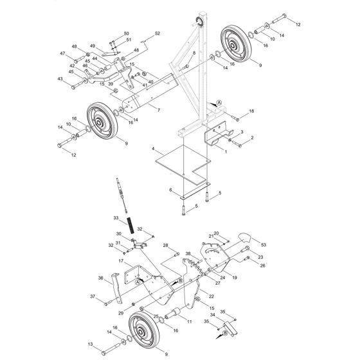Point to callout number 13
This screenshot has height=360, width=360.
click(89, 345)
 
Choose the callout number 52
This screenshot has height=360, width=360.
click(157, 33)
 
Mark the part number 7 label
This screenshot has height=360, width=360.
click(157, 110)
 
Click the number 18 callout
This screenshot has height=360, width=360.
click(251, 112)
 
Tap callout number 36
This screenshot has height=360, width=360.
click(100, 278)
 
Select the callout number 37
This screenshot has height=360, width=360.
click(93, 296)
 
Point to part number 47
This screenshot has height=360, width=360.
click(63, 53)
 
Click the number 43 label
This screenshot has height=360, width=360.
click(60, 79)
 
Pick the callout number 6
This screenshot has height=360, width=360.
click(170, 190)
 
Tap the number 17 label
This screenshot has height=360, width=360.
click(120, 261)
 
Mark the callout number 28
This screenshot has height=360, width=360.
click(165, 246)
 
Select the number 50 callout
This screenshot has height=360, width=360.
click(126, 33)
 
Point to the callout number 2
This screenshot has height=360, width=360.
click(252, 138)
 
